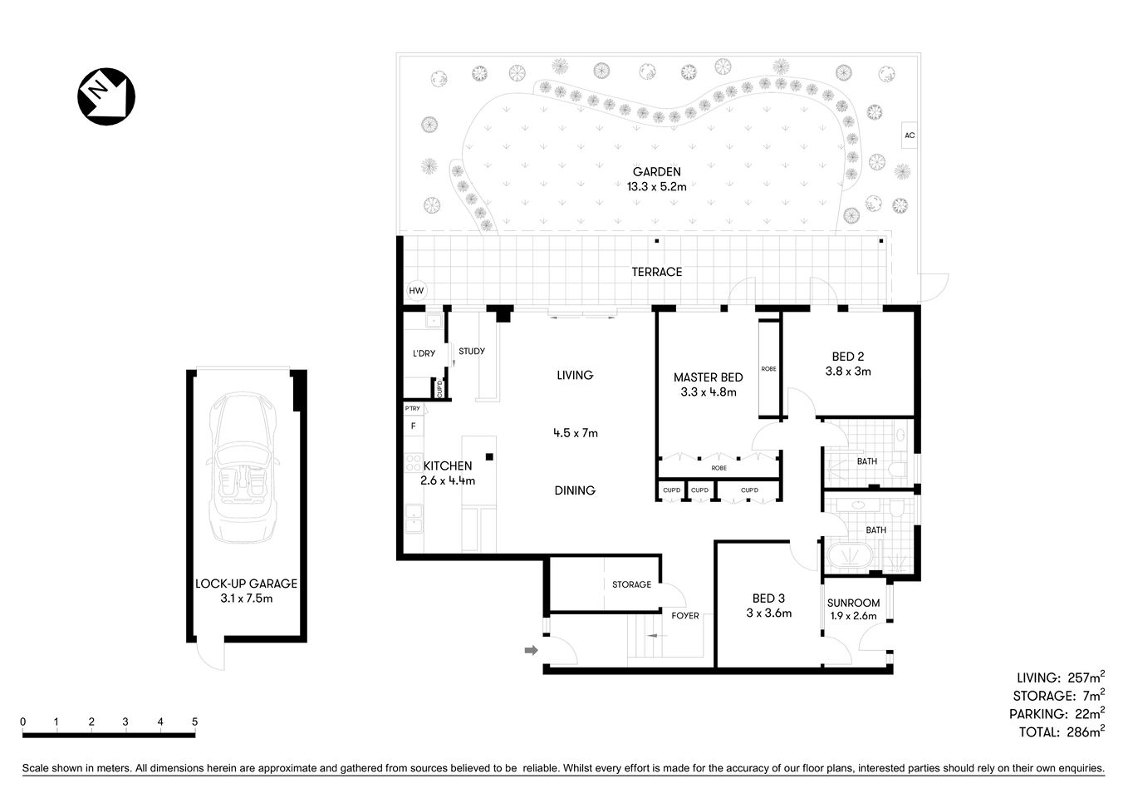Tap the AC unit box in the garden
coord(910,135)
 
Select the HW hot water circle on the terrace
coord(416,291)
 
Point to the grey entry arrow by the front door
coord(531,651)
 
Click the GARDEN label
coord(656,172)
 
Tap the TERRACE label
coord(656,272)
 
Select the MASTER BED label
coord(708,377)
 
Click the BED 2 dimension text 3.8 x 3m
coord(848,372)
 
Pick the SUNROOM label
coord(853,603)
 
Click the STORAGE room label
coord(631,584)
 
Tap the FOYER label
coord(685,616)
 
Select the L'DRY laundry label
coord(424,353)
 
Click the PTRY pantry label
coord(412,408)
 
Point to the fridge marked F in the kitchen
coord(412,426)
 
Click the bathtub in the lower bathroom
coord(845,556)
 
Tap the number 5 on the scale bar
coord(194,722)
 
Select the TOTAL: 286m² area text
coord(1061,731)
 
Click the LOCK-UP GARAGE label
coord(246,584)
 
